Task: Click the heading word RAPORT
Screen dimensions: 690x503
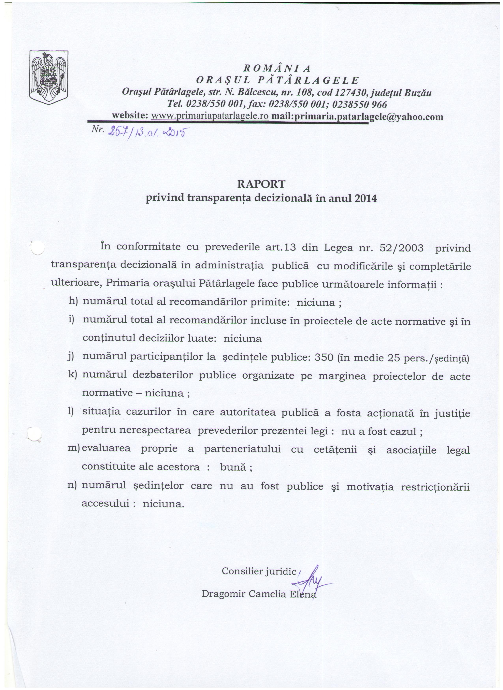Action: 261,184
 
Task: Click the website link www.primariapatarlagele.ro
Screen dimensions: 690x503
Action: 209,116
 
